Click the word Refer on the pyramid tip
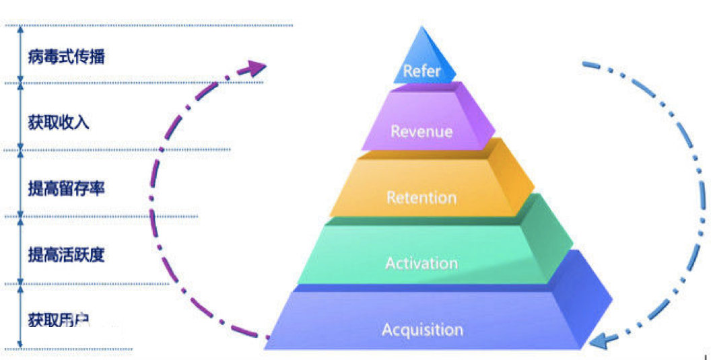pyautogui.click(x=421, y=71)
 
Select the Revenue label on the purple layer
pyautogui.click(x=421, y=131)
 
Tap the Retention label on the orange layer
pyautogui.click(x=421, y=197)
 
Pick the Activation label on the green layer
pyautogui.click(x=421, y=262)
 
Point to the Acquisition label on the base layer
pyautogui.click(x=422, y=330)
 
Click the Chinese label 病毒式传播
pyautogui.click(x=67, y=57)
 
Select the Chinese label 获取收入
pyautogui.click(x=59, y=122)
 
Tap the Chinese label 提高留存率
pyautogui.click(x=67, y=188)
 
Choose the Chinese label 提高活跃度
pyautogui.click(x=67, y=255)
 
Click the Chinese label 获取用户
pyautogui.click(x=59, y=320)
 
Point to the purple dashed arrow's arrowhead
pyautogui.click(x=256, y=67)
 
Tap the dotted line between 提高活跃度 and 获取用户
pyautogui.click(x=94, y=284)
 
